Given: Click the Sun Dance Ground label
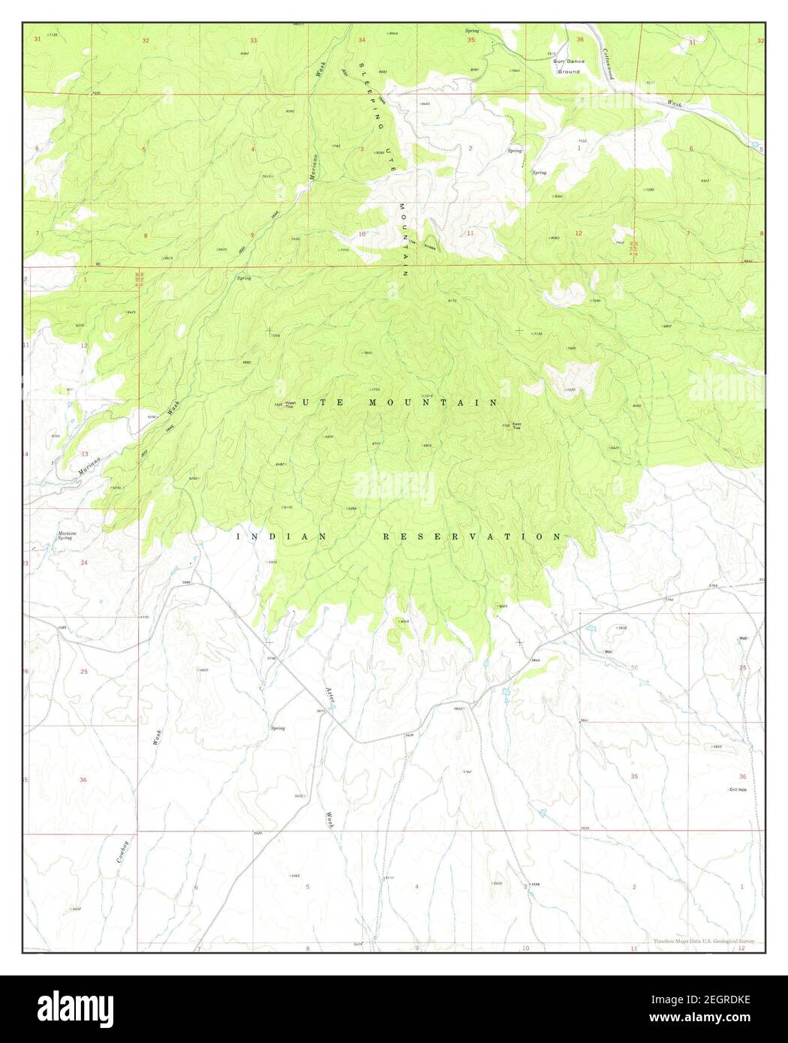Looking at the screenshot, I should click(x=567, y=66).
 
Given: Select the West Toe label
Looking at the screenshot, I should click(x=290, y=405).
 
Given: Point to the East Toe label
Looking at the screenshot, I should click(x=517, y=425).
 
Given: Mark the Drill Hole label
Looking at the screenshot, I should click(x=738, y=789).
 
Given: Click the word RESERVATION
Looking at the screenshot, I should click(x=472, y=537).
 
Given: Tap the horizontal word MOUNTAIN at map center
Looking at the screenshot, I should click(x=432, y=403).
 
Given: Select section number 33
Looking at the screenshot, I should click(x=254, y=40).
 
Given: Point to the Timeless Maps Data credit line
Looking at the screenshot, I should click(x=703, y=941).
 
